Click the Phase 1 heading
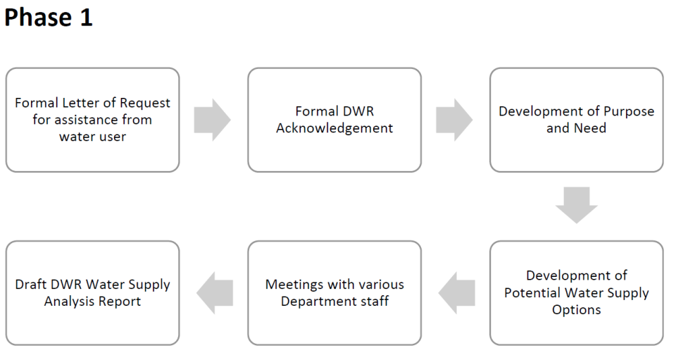coord(48,18)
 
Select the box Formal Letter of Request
coord(92,120)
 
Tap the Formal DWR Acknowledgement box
coord(334,120)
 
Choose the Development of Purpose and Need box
coord(576,120)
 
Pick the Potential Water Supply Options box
coord(576,292)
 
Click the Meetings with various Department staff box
coord(334,292)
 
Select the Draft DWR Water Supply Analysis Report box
coord(92,292)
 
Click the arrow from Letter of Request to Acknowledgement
coord(212,120)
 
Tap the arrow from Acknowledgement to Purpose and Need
coord(454,120)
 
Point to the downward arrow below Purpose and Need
coord(576,205)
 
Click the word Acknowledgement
coord(334,128)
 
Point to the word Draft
coord(32,285)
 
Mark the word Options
coord(576,310)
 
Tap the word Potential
coord(535,293)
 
